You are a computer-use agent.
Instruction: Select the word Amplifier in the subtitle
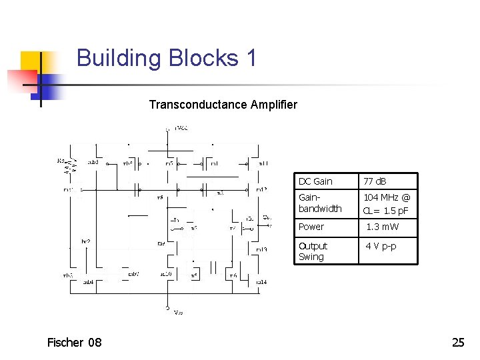(274, 105)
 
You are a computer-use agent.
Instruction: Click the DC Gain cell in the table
(315, 181)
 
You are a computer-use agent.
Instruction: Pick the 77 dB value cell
(375, 181)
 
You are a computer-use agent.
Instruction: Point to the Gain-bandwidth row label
(320, 203)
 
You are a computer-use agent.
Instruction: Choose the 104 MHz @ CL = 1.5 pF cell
(387, 203)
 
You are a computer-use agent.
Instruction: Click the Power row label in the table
(311, 227)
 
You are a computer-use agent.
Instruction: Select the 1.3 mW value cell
(383, 227)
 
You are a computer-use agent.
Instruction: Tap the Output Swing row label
(313, 251)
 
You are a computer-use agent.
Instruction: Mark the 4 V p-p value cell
(380, 246)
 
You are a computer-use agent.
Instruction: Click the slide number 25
(458, 343)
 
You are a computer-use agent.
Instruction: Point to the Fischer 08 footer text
(75, 343)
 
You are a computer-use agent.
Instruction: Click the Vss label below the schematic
(178, 312)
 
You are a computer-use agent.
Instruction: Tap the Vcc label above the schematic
(181, 127)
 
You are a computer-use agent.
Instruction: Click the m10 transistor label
(166, 274)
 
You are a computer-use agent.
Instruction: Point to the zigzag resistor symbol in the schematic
(67, 167)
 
